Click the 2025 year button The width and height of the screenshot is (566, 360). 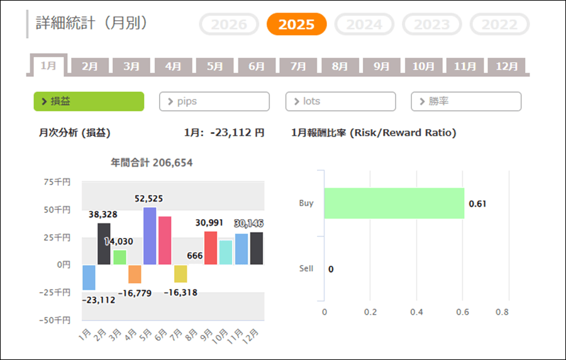coord(296,25)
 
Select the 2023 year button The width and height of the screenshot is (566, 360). coord(432,25)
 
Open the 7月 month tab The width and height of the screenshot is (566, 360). coord(298,66)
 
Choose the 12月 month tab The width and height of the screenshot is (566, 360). coord(507,66)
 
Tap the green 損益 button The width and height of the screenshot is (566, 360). coord(89,101)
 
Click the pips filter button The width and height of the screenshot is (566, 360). coord(214,101)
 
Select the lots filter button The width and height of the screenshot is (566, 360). coord(340,101)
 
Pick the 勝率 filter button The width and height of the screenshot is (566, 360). coord(466,101)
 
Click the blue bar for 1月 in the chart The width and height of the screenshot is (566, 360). coord(89,278)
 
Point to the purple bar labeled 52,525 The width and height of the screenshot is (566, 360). coord(150,235)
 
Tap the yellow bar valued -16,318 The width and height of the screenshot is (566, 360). coord(180,274)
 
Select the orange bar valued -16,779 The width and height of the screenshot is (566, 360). coord(135,274)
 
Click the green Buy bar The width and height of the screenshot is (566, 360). coord(394,203)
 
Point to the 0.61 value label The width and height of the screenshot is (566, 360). coord(478,203)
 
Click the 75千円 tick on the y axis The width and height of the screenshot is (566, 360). coord(57,181)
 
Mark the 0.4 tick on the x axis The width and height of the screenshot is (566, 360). coord(417,312)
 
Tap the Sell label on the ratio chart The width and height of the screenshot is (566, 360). coord(306,269)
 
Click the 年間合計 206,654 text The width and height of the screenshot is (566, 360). coord(152,163)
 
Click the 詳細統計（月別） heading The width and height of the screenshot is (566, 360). coord(92,24)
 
